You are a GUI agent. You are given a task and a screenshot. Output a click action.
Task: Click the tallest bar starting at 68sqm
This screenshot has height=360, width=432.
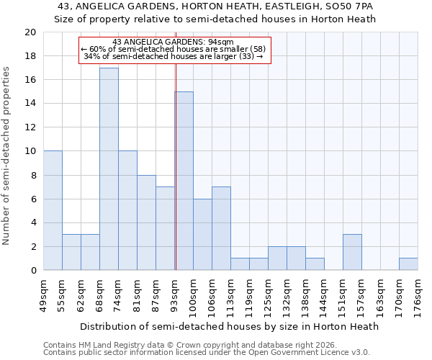click(109, 169)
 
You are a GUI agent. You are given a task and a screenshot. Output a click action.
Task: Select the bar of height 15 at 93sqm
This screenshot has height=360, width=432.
click(184, 181)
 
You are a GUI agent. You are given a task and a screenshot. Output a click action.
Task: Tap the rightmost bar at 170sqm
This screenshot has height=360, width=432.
click(408, 264)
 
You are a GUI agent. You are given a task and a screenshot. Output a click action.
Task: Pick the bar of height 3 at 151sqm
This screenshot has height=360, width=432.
click(352, 252)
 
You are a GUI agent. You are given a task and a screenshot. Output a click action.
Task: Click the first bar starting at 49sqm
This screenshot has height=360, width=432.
click(53, 210)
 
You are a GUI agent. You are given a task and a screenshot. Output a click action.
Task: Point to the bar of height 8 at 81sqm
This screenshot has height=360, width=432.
click(146, 222)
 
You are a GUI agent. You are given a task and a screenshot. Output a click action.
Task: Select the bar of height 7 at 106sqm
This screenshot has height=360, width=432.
click(221, 228)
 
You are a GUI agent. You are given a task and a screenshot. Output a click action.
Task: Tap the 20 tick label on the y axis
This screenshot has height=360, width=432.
click(30, 32)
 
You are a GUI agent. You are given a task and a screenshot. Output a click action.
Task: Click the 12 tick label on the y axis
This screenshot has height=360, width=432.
click(30, 127)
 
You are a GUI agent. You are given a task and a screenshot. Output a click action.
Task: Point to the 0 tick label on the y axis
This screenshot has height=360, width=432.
click(32, 270)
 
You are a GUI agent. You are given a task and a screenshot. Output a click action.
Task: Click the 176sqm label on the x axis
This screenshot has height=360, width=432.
click(418, 296)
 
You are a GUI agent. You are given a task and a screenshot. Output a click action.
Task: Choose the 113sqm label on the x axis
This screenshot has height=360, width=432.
click(230, 296)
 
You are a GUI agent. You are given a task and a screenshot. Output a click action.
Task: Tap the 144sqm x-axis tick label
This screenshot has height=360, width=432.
click(324, 296)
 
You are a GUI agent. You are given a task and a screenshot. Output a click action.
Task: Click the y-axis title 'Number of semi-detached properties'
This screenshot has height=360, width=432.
click(7, 156)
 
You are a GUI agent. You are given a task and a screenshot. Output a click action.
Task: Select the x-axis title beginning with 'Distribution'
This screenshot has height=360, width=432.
click(229, 326)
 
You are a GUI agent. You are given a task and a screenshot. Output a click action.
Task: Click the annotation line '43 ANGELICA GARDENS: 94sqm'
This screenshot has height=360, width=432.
click(173, 42)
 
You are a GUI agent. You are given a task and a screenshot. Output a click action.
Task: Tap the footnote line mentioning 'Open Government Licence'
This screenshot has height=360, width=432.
click(207, 353)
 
